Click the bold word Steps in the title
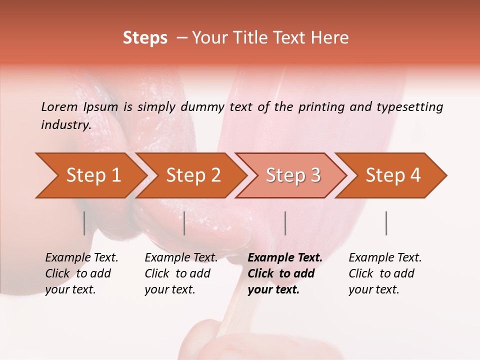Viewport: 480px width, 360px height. point(145,38)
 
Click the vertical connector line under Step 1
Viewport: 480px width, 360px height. point(84,223)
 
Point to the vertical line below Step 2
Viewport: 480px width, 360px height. point(184,223)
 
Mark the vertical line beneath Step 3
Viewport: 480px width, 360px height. point(285,223)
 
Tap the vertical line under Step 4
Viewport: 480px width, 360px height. point(386,223)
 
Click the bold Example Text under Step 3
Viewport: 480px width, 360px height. point(285,258)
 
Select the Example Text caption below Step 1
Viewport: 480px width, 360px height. point(81,258)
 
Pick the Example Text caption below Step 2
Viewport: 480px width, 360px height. point(181,258)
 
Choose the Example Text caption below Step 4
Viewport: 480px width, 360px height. point(385,258)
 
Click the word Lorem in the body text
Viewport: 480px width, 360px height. point(59,107)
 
